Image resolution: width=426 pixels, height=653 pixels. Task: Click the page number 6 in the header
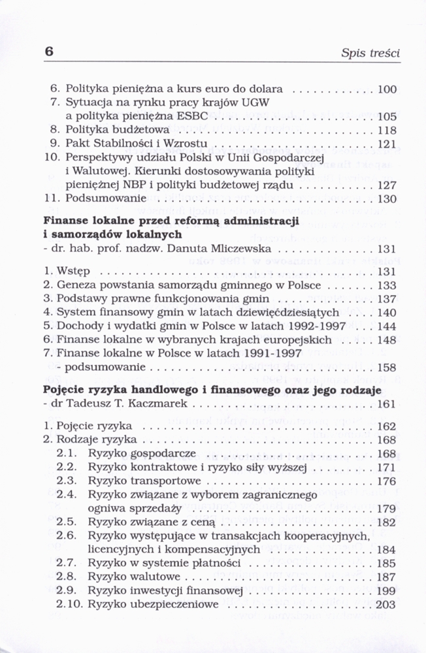click(x=49, y=52)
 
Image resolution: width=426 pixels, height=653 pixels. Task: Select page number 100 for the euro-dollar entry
click(x=387, y=89)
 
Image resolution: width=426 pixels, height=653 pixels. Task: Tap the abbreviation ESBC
click(x=193, y=116)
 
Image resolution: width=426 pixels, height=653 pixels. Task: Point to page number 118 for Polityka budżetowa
click(x=387, y=131)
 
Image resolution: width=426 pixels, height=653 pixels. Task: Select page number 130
click(x=387, y=199)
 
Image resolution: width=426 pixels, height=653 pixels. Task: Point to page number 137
click(x=387, y=299)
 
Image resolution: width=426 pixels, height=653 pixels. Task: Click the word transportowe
click(x=156, y=481)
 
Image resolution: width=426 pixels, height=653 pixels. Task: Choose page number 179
click(x=387, y=509)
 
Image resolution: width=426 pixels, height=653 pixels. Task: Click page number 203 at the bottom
click(x=387, y=605)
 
